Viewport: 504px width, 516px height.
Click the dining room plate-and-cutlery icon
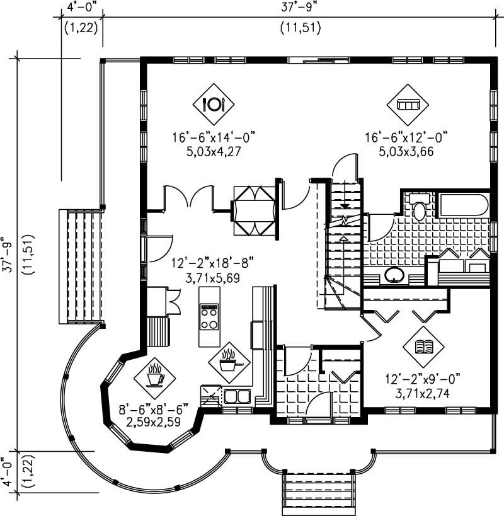(x=214, y=103)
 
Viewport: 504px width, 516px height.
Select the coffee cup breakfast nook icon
(x=155, y=377)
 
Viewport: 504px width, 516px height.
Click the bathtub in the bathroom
(x=464, y=206)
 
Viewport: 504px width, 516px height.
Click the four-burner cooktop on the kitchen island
(x=209, y=316)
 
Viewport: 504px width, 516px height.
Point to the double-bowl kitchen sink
(x=235, y=396)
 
